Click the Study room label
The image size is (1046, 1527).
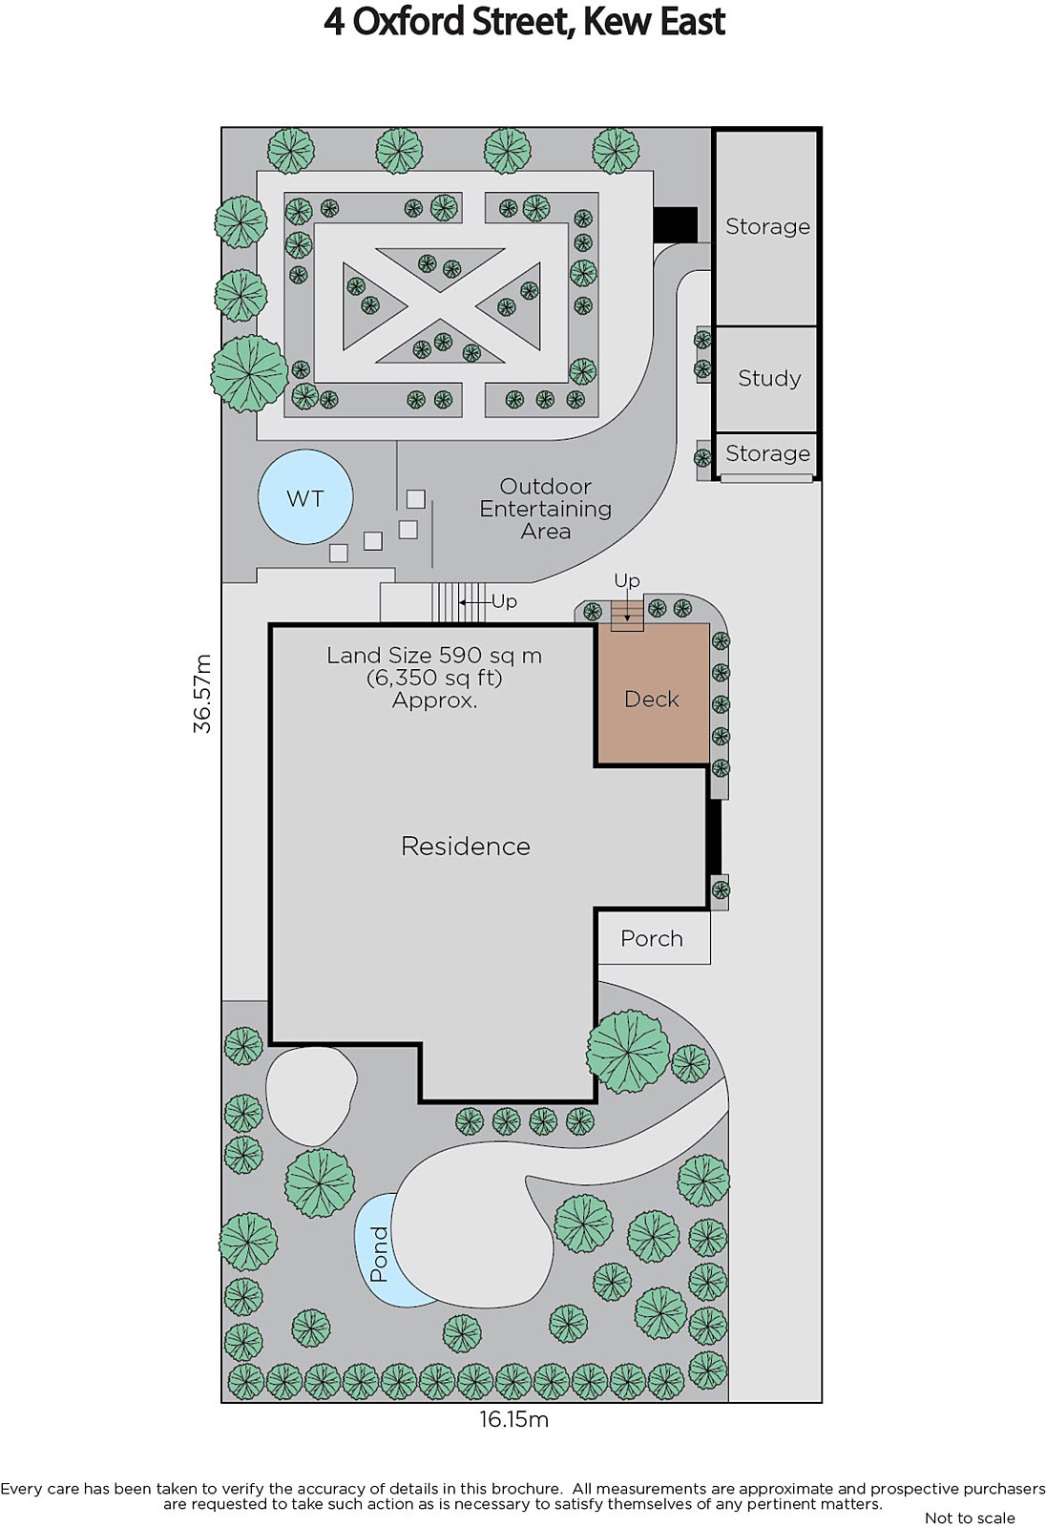[x=769, y=378]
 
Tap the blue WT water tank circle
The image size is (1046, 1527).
[x=304, y=496]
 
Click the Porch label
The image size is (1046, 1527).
[x=651, y=939]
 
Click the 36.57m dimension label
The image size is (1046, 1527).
[x=202, y=693]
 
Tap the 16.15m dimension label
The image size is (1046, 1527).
[x=513, y=1419]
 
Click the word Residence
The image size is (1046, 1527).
[x=465, y=846]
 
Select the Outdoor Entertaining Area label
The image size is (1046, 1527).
[x=546, y=509]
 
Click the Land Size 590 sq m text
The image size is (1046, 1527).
[x=433, y=656]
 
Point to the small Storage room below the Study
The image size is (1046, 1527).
[x=766, y=454]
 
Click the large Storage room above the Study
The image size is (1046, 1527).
[x=766, y=228]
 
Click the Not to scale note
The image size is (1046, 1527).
[x=970, y=1517]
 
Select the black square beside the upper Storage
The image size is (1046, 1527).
[x=675, y=224]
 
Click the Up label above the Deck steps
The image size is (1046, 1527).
[x=627, y=580]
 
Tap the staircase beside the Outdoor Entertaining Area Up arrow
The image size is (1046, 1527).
[x=458, y=602]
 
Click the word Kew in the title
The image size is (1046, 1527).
[x=618, y=22]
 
